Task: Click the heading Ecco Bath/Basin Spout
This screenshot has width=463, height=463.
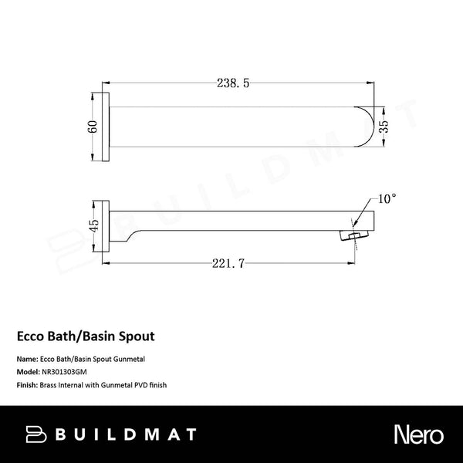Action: [x=86, y=336]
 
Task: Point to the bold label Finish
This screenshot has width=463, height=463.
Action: [x=27, y=384]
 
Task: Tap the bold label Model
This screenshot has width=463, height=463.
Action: [x=28, y=372]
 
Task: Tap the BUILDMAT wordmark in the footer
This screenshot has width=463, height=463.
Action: [x=127, y=434]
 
